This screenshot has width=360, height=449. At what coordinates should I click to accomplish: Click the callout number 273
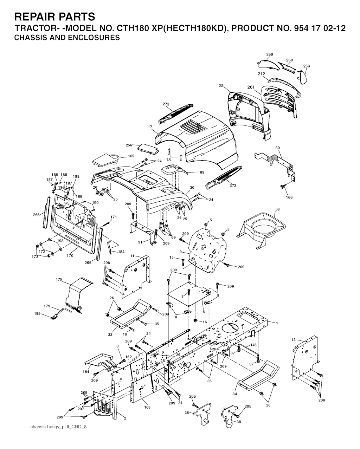point(166,104)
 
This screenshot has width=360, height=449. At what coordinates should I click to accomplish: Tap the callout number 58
point(277,209)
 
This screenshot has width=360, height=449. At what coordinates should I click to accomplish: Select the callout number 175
point(59,279)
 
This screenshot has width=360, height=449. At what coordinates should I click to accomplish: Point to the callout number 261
point(251,87)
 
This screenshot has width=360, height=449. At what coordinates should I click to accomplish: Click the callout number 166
point(289,197)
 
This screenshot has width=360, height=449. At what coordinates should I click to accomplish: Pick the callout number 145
point(253,345)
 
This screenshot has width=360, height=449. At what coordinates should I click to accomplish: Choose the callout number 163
point(147,407)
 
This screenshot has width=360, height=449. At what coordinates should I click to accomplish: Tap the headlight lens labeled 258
point(302,77)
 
